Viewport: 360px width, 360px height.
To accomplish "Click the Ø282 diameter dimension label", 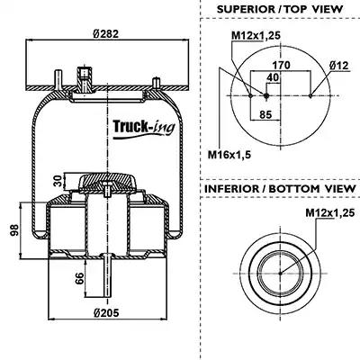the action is click(106, 34).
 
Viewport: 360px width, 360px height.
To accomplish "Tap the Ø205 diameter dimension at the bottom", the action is click(106, 313).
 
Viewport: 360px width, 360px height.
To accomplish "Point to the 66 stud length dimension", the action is click(79, 279).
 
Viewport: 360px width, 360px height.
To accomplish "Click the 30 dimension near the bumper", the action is click(59, 180).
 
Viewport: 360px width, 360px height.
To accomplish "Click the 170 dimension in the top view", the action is click(281, 65).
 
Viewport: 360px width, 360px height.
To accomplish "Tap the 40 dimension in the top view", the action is click(273, 77).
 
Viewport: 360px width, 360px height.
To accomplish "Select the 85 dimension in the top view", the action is click(265, 114).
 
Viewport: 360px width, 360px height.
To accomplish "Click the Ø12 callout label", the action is click(339, 66).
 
